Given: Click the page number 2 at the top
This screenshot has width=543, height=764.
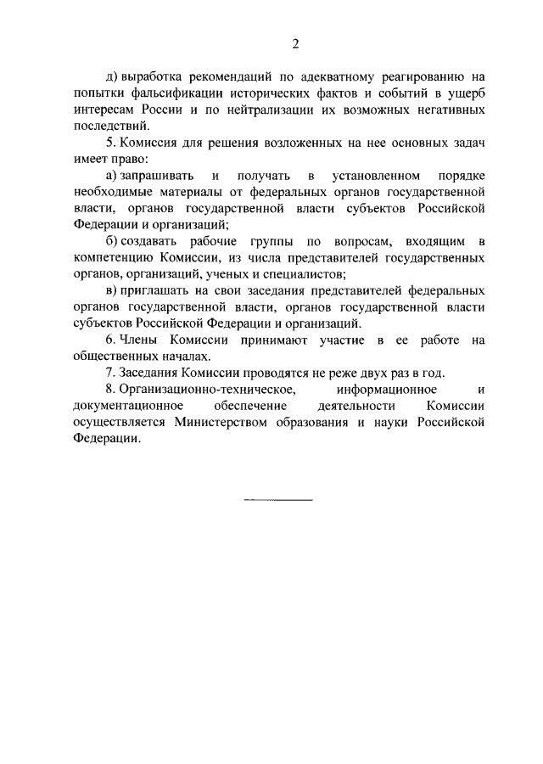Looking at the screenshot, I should click(x=271, y=44).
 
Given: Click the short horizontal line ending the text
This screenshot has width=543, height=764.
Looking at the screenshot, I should click(x=278, y=499).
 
